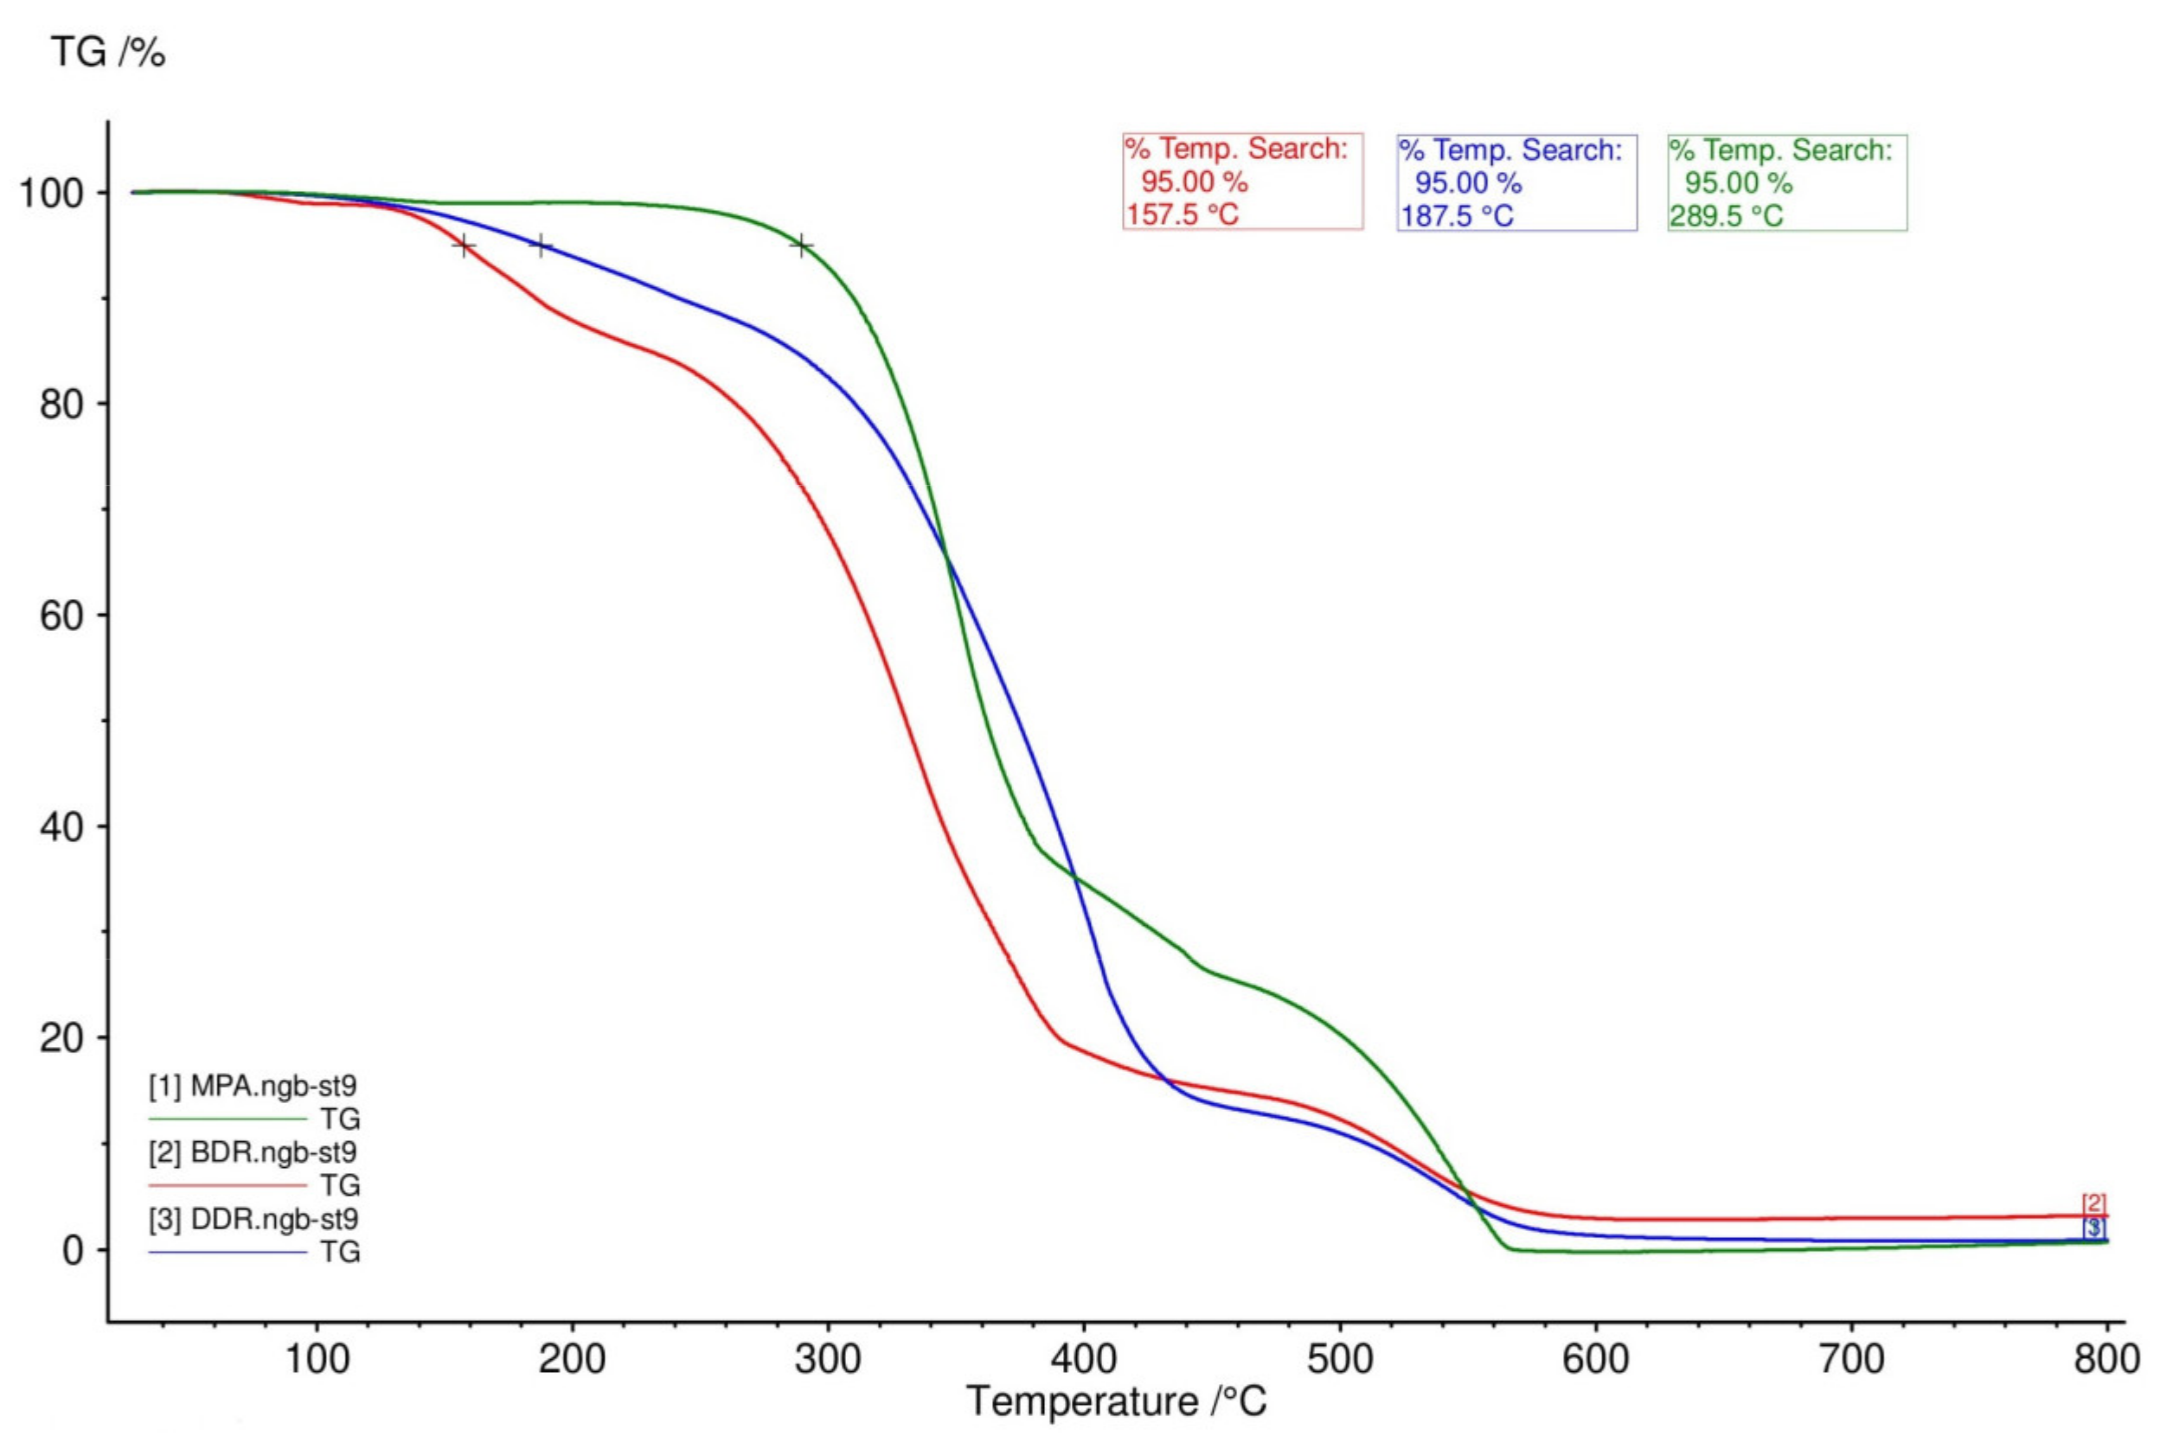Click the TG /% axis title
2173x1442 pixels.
point(107,53)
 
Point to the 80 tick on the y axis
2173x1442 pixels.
point(62,404)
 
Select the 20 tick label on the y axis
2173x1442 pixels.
point(62,1038)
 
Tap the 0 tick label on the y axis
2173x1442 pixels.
point(74,1251)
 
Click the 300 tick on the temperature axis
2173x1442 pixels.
point(828,1358)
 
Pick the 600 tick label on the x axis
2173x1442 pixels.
point(1595,1358)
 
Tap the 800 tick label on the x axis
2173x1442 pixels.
point(2106,1358)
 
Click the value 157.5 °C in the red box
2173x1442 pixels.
point(1183,215)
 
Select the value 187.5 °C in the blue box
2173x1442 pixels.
point(1457,217)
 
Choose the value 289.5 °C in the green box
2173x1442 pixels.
point(1727,217)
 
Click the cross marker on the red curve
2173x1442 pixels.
point(464,246)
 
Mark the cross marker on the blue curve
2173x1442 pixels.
point(540,246)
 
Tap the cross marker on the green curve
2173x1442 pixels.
point(801,246)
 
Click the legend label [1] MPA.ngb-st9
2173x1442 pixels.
point(253,1086)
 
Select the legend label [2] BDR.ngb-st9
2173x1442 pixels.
point(253,1152)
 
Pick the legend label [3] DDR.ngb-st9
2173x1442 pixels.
point(253,1219)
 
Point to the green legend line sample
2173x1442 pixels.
point(228,1120)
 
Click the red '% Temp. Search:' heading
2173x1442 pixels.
point(1236,149)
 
